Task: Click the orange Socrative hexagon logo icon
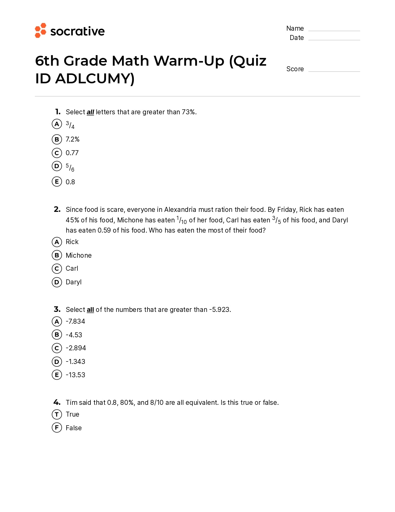(x=41, y=30)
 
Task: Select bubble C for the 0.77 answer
(x=57, y=153)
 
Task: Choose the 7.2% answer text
(x=72, y=139)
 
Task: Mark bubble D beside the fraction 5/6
(x=57, y=166)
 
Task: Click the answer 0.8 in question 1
(x=70, y=182)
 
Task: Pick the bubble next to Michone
(x=57, y=256)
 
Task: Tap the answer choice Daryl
(x=73, y=282)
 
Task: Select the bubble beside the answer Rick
(x=57, y=242)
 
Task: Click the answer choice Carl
(x=72, y=269)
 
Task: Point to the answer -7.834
(x=75, y=322)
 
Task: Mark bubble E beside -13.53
(x=57, y=375)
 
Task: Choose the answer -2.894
(x=76, y=348)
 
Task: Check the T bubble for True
(x=57, y=414)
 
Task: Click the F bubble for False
(x=57, y=428)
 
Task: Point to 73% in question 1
(x=188, y=112)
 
